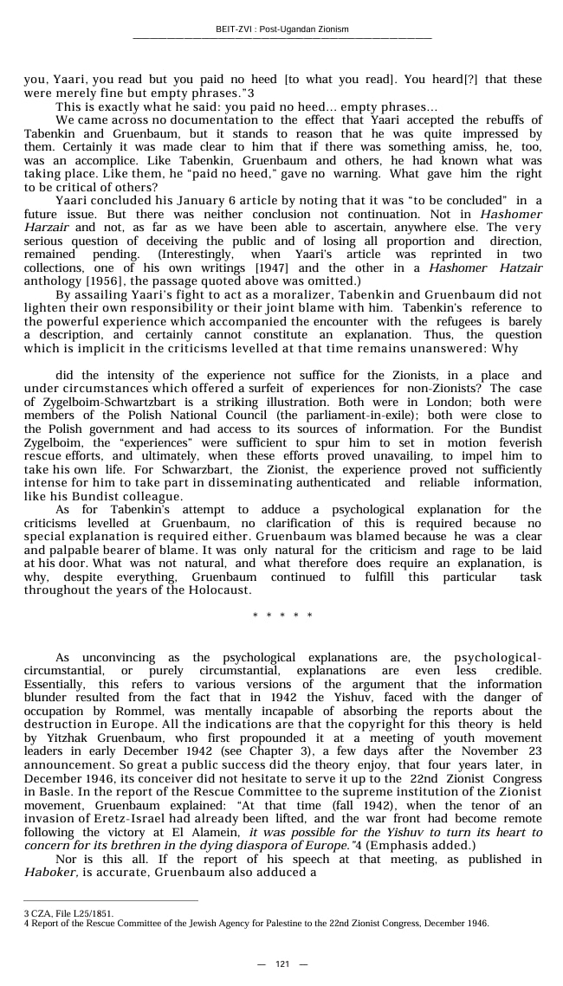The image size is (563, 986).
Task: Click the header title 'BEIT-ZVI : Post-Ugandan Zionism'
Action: click(281, 29)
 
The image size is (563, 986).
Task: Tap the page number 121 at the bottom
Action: click(281, 964)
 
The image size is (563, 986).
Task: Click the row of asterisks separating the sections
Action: click(281, 615)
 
